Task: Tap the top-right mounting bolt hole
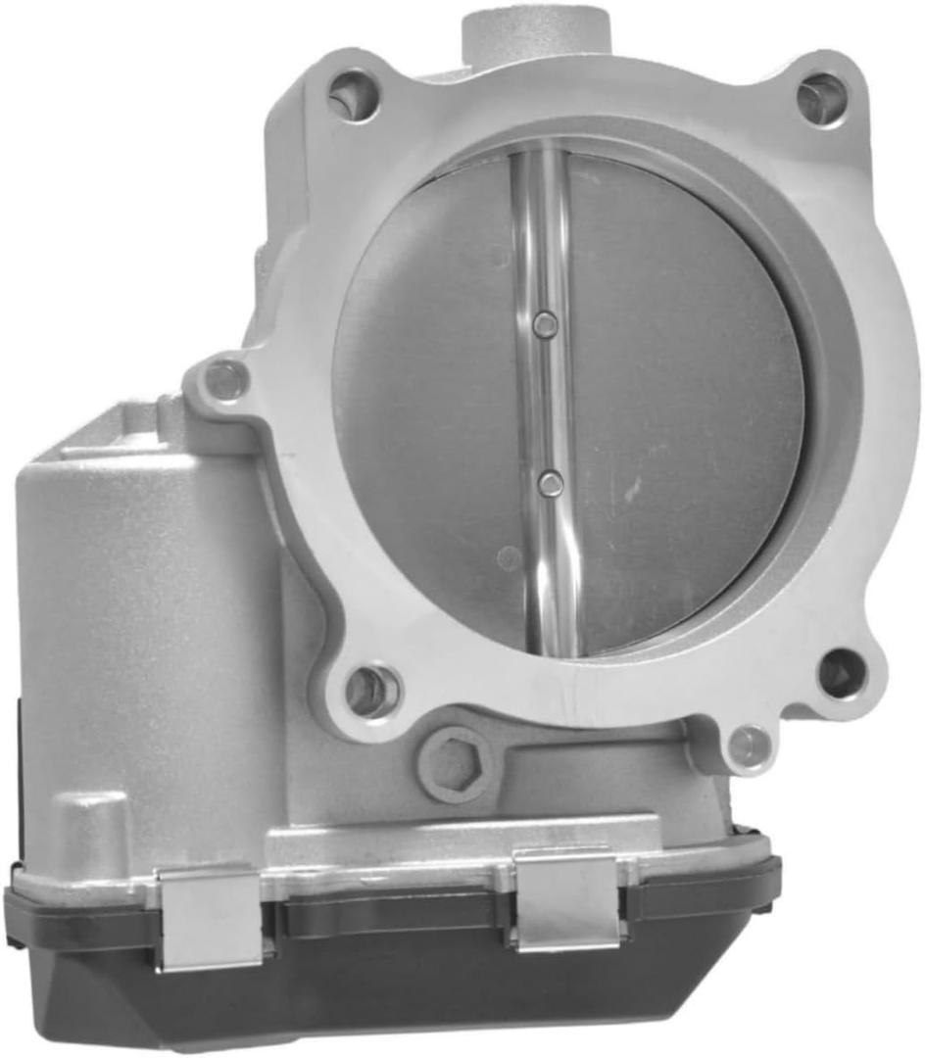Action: click(x=821, y=98)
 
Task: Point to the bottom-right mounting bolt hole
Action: click(x=842, y=673)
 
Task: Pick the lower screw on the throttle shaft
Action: click(x=552, y=481)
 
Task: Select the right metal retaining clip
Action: click(x=565, y=898)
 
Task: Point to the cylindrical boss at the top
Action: click(x=535, y=29)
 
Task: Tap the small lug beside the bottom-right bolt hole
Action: click(x=750, y=745)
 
